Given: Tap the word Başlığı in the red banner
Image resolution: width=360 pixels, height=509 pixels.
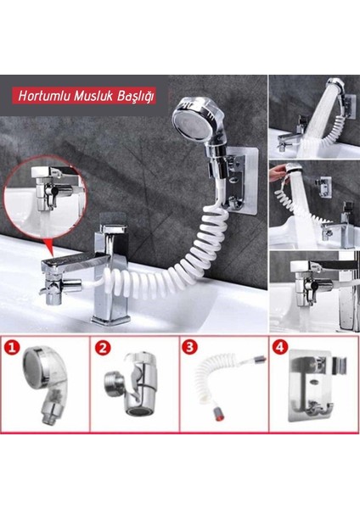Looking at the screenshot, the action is tap(136, 97).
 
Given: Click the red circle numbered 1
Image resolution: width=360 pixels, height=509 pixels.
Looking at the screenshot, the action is tap(13, 348).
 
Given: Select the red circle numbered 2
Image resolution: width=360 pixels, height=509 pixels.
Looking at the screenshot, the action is tap(103, 348).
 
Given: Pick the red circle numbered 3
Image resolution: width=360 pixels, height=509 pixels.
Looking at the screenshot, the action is tap(189, 346).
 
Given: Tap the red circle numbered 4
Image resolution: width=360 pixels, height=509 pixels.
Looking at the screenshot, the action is tap(280, 347).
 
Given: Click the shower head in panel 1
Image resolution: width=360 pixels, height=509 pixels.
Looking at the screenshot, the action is tap(44, 384).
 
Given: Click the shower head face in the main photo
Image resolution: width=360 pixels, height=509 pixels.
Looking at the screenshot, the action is tap(188, 120).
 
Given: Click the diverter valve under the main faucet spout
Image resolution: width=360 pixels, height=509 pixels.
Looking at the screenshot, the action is tap(57, 288).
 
